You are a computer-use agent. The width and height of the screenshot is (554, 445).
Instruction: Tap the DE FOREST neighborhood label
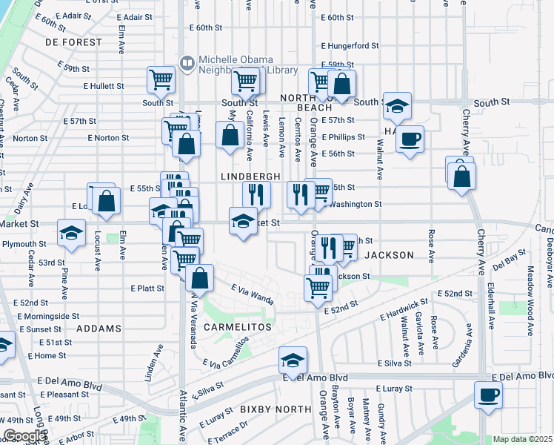[x=73, y=42]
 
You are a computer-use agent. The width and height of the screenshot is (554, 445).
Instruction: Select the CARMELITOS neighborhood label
[x=238, y=326]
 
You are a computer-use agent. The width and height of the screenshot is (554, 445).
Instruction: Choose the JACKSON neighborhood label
[x=389, y=255]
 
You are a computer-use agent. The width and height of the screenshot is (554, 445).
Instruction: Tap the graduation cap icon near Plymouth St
[x=72, y=234]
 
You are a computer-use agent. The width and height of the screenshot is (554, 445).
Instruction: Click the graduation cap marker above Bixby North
[x=293, y=360]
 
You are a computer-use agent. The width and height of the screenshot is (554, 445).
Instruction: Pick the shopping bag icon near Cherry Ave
[x=461, y=177]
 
